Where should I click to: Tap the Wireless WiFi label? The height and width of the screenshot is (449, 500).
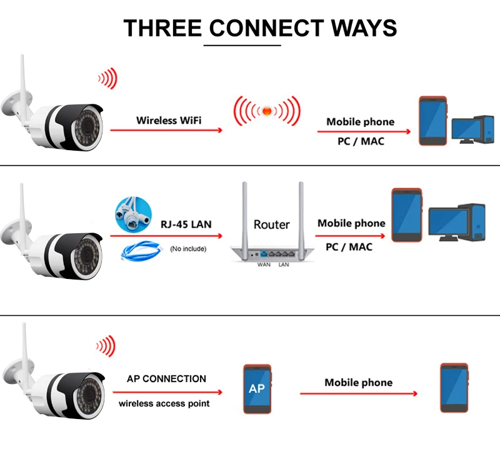pyautogui.click(x=169, y=120)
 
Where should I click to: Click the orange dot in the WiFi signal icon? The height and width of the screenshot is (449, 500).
pyautogui.click(x=266, y=111)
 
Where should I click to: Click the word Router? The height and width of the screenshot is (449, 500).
pyautogui.click(x=271, y=224)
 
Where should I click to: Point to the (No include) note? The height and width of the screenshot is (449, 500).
pyautogui.click(x=187, y=249)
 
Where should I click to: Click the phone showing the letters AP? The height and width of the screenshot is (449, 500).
pyautogui.click(x=256, y=388)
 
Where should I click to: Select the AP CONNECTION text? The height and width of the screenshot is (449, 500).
pyautogui.click(x=166, y=378)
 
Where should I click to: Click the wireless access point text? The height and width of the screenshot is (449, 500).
pyautogui.click(x=164, y=403)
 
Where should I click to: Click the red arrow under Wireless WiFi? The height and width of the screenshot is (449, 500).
pyautogui.click(x=166, y=130)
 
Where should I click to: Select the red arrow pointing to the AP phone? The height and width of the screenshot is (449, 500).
pyautogui.click(x=166, y=392)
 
